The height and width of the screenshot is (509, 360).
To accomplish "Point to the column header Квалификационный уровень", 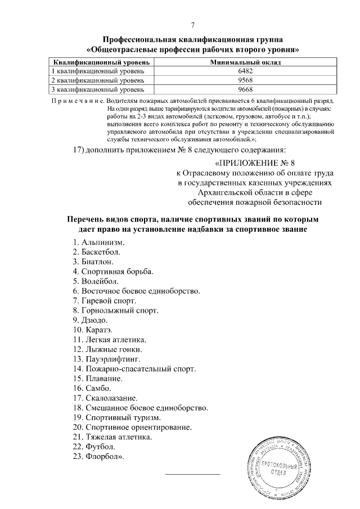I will click(x=100, y=62).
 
